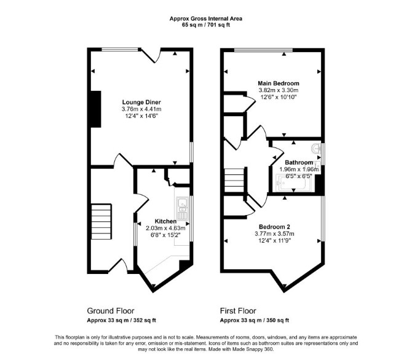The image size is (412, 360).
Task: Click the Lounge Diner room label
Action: [141, 102]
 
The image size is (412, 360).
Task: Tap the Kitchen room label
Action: [165, 221]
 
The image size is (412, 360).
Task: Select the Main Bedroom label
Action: [279, 83]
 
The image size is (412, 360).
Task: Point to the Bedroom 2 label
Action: [274, 227]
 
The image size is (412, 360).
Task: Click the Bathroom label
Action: [299, 163]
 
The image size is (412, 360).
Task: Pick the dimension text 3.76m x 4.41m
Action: [141, 109]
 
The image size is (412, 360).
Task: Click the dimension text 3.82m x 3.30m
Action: [279, 90]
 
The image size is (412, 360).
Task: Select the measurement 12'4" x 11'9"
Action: [274, 240]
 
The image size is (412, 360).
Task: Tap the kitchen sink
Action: [182, 208]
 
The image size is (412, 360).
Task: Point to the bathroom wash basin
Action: [317, 149]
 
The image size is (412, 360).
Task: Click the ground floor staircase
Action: [101, 221]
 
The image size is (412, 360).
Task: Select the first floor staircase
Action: [235, 181]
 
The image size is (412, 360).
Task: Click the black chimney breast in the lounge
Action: [96, 109]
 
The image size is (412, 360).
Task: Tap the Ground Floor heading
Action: [111, 311]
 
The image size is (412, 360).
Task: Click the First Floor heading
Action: [238, 311]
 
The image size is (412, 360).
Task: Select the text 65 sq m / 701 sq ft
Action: [206, 25]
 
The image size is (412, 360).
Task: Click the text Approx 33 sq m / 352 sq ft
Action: [121, 320]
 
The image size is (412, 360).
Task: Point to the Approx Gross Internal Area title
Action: [206, 18]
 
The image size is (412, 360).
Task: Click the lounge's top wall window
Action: [120, 49]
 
